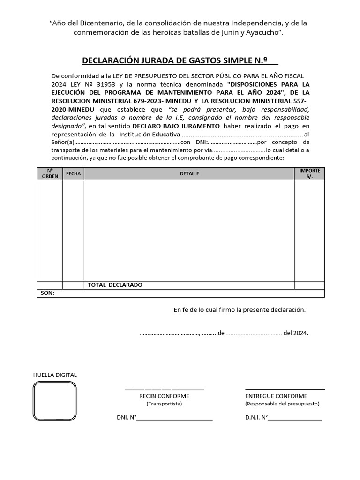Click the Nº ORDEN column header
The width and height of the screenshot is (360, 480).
pyautogui.click(x=50, y=173)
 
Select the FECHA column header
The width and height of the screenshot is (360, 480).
pyautogui.click(x=74, y=173)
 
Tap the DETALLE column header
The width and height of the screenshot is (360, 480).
pyautogui.click(x=189, y=173)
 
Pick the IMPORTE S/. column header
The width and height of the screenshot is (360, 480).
pyautogui.click(x=309, y=173)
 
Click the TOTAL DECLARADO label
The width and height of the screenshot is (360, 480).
pyautogui.click(x=115, y=285)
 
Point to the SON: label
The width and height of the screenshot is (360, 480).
pyautogui.click(x=47, y=293)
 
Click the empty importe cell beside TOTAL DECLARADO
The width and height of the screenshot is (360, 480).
pyautogui.click(x=309, y=285)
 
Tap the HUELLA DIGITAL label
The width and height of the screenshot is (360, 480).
pyautogui.click(x=55, y=375)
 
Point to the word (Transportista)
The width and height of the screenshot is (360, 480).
pyautogui.click(x=164, y=404)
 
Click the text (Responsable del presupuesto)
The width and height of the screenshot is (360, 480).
pyautogui.click(x=282, y=404)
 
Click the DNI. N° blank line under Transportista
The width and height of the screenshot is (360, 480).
pyautogui.click(x=174, y=419)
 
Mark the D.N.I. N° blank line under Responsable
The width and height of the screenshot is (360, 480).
pyautogui.click(x=295, y=419)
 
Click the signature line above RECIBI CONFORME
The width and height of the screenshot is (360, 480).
pyautogui.click(x=164, y=389)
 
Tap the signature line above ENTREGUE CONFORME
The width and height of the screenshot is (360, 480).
pyautogui.click(x=285, y=389)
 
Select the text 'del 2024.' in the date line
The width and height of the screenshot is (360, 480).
pyautogui.click(x=296, y=333)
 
